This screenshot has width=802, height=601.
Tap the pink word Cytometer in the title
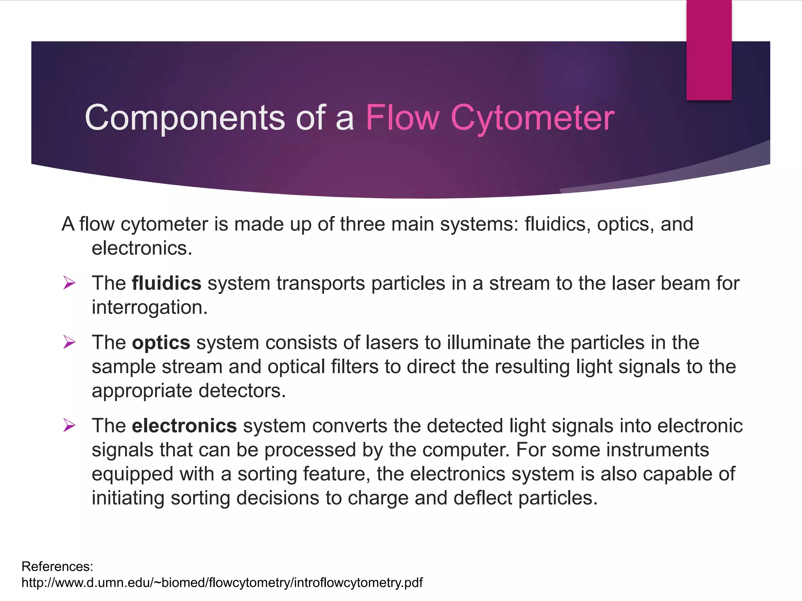[532, 118]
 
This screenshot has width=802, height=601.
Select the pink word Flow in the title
[403, 118]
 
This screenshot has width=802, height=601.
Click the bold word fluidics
[166, 283]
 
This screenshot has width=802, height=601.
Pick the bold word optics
[161, 343]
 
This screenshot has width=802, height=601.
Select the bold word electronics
[184, 426]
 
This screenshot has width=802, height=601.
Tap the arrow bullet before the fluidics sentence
[69, 283]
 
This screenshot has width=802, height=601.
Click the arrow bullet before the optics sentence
[69, 342]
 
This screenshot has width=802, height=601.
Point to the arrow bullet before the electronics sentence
[69, 425]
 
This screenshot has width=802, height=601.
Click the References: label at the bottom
[57, 567]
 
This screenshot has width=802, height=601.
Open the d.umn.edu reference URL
[222, 583]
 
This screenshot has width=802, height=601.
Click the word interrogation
[149, 308]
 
